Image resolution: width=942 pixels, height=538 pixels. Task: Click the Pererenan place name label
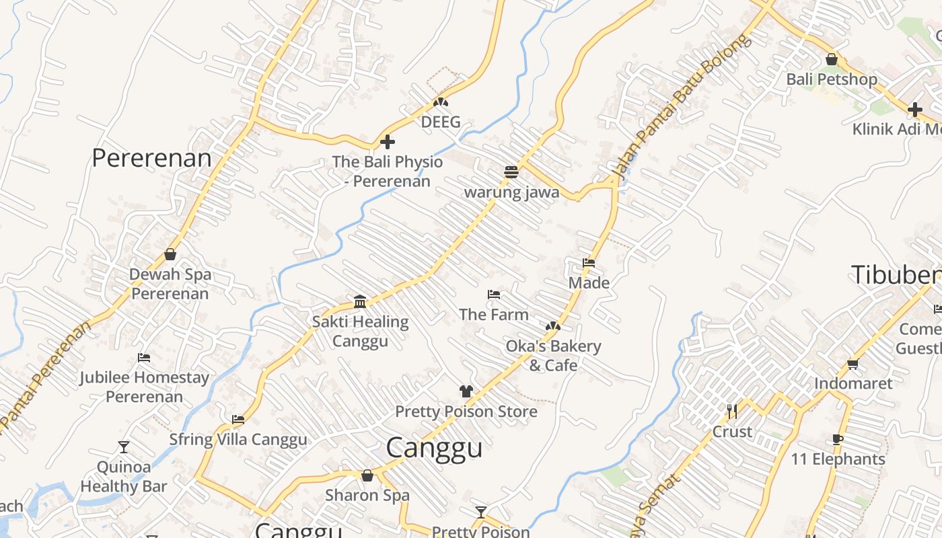tap(151, 159)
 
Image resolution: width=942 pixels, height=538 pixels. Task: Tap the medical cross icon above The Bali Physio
tap(388, 142)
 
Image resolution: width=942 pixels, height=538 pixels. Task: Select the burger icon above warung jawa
tap(511, 172)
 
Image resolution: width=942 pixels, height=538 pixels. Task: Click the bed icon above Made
tap(589, 263)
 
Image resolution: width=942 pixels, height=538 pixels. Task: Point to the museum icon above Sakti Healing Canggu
tap(360, 301)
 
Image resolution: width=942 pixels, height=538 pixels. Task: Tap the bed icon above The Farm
tap(494, 295)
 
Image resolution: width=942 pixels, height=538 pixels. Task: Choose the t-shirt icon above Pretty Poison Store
tap(466, 391)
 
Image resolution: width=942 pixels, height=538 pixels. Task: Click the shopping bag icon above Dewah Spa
tap(170, 254)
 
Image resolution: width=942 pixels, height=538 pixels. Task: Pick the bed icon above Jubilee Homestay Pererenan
tap(144, 357)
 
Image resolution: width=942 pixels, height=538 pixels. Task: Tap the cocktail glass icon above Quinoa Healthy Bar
tap(124, 447)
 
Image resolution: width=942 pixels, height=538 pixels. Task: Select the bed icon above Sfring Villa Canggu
tap(238, 420)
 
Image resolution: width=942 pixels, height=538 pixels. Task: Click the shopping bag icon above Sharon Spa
tap(367, 475)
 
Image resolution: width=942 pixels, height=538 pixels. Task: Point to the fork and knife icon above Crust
tap(732, 411)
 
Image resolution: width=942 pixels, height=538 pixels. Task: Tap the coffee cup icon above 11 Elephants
tap(838, 439)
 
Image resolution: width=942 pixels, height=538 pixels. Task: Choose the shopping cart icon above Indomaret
tap(853, 364)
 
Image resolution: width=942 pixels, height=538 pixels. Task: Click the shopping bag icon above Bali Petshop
tap(832, 59)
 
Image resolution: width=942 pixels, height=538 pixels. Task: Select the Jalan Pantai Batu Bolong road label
tap(681, 108)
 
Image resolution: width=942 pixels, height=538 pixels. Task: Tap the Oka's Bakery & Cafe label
tap(553, 356)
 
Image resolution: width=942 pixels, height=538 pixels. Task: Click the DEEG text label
tap(441, 122)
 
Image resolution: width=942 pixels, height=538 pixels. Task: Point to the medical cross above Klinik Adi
tap(915, 109)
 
